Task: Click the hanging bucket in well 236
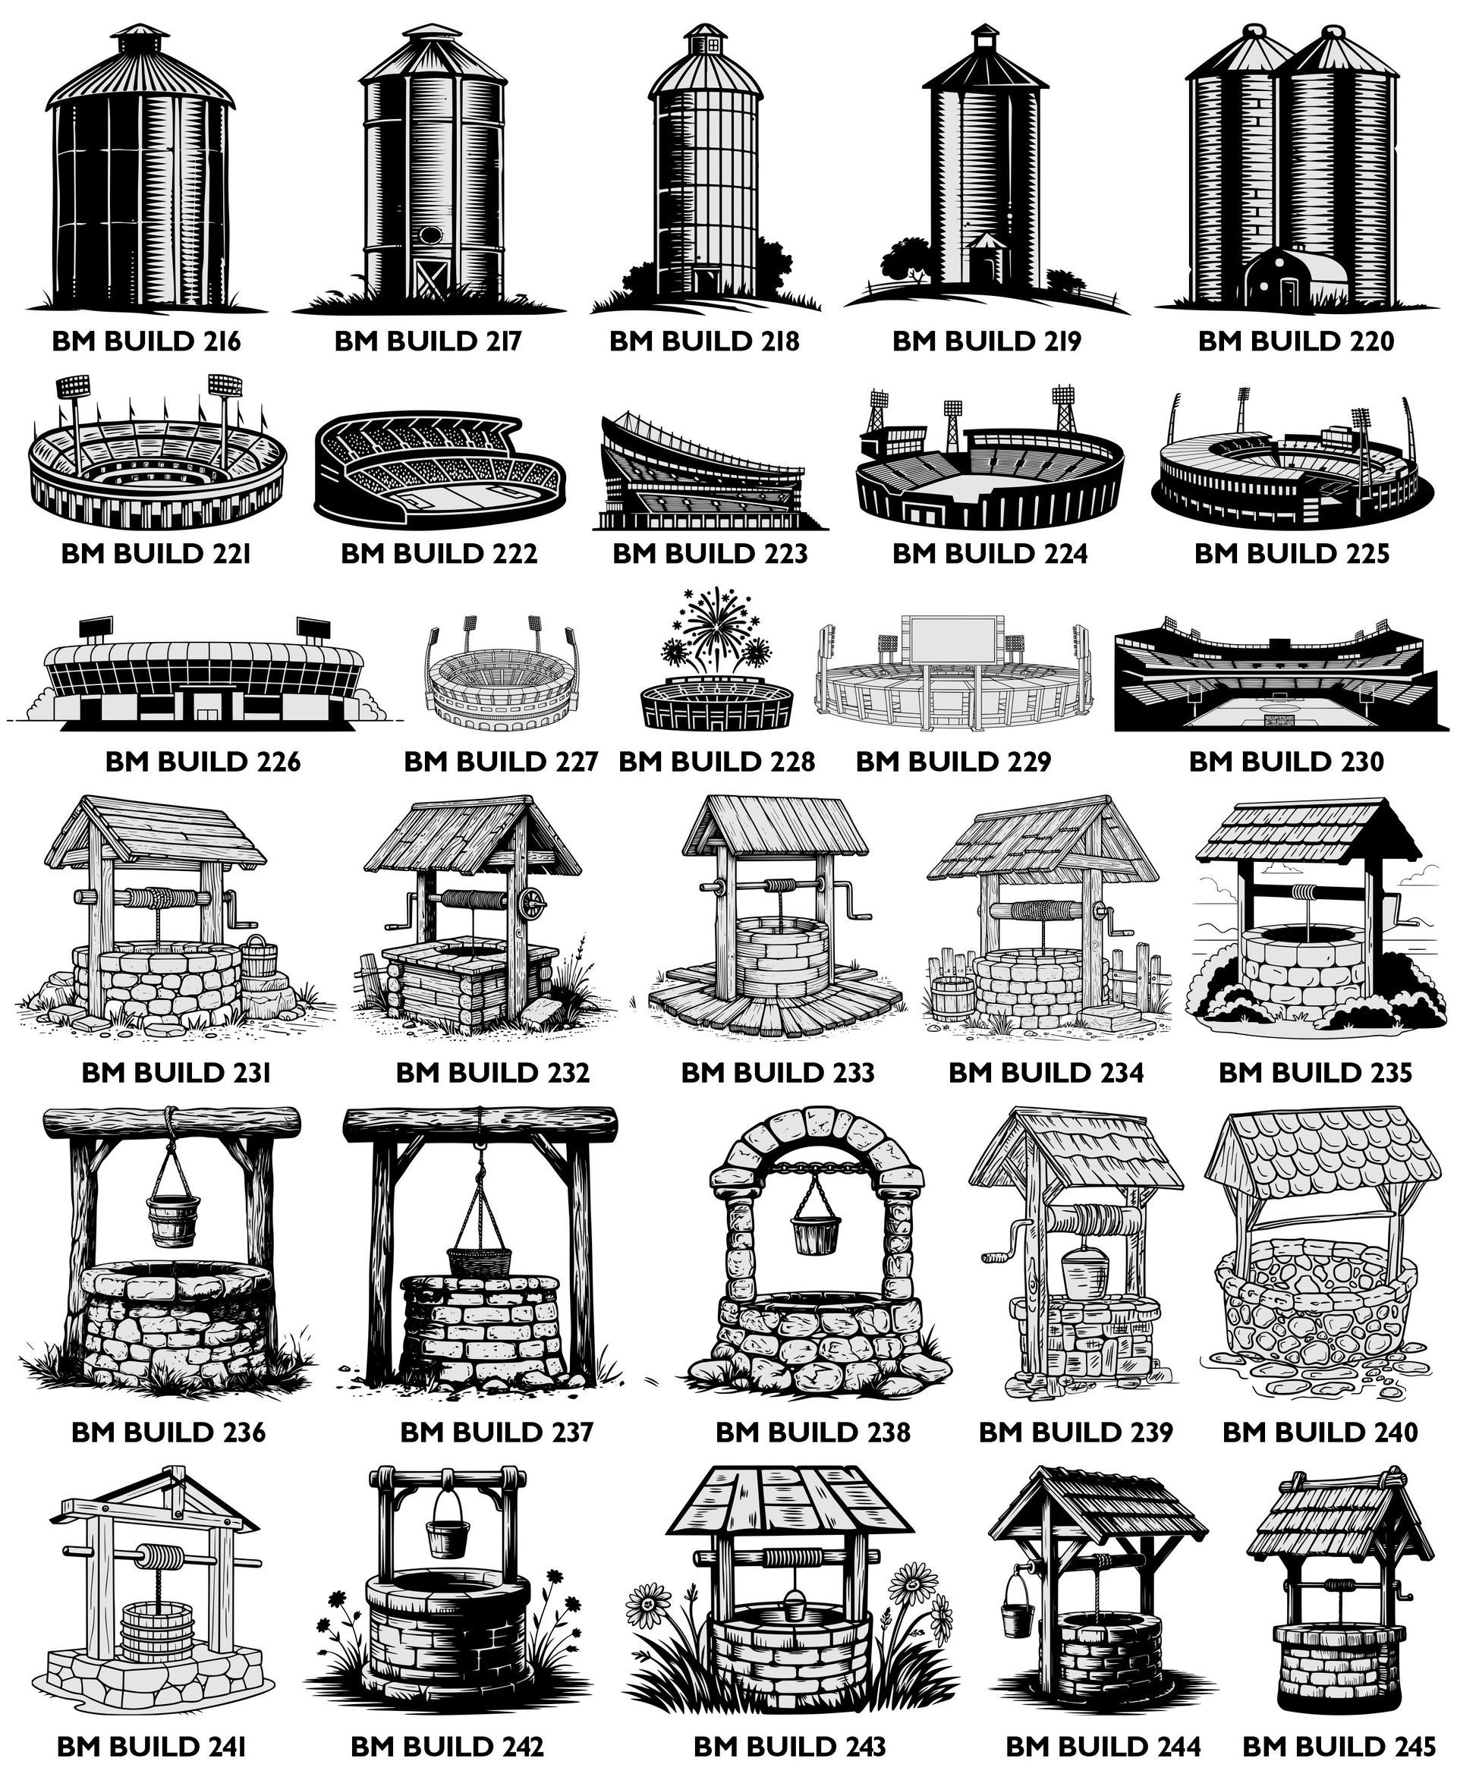coord(173,1216)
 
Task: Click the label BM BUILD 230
coord(1285,762)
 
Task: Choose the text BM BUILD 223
coord(710,554)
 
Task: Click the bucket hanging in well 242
coord(447,1535)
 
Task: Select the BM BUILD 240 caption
coord(1320,1432)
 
